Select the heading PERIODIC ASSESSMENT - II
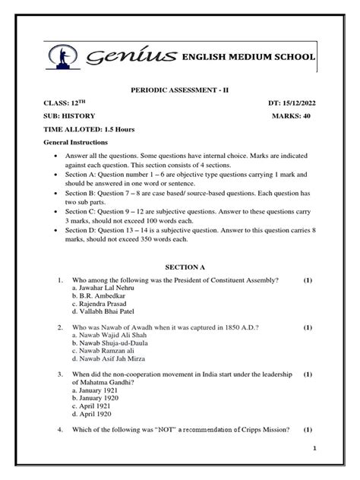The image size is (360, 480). coord(180,90)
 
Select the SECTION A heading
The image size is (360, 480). coord(180,267)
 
